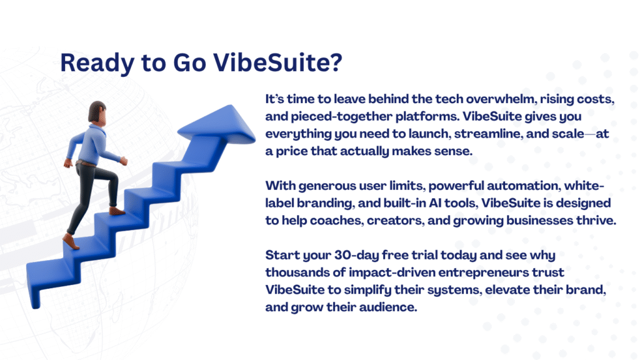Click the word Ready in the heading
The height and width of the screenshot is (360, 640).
click(97, 63)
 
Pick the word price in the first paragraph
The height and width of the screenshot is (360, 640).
click(291, 151)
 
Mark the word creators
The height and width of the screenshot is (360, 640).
click(396, 221)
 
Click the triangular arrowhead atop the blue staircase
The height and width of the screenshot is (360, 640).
click(221, 124)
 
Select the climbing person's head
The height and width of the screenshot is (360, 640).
click(97, 112)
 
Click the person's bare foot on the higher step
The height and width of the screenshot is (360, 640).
click(117, 211)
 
